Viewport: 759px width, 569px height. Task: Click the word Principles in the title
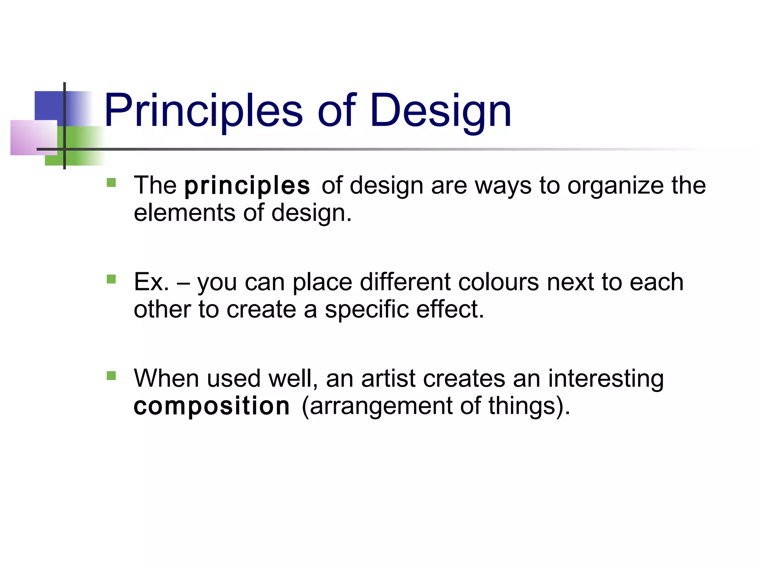click(x=203, y=111)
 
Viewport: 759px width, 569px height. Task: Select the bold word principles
click(x=247, y=186)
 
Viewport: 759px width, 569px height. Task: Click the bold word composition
click(x=212, y=406)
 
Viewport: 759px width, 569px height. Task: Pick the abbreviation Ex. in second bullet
click(x=151, y=282)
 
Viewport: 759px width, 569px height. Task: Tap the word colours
click(x=498, y=282)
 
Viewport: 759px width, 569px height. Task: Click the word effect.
click(x=450, y=310)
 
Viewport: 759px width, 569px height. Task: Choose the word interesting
click(x=606, y=379)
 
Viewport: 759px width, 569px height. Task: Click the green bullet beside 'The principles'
click(x=111, y=183)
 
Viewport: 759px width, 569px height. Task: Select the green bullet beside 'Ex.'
click(x=111, y=279)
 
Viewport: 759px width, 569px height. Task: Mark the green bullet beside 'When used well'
click(x=111, y=376)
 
